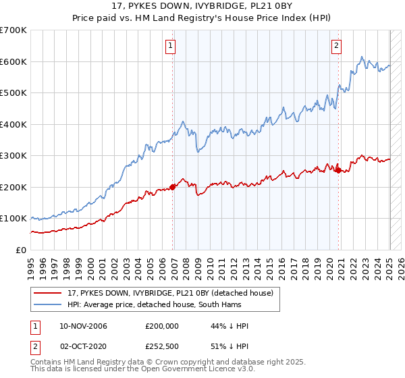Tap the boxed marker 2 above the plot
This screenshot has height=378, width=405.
click(x=336, y=46)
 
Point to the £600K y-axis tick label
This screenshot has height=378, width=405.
click(x=13, y=61)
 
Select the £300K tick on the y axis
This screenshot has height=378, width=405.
click(x=13, y=156)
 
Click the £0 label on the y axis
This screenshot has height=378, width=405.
click(x=22, y=250)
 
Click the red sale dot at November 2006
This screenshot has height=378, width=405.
click(x=172, y=187)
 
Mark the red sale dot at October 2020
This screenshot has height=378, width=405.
click(x=338, y=171)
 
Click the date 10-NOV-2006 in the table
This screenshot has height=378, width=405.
click(x=83, y=326)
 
